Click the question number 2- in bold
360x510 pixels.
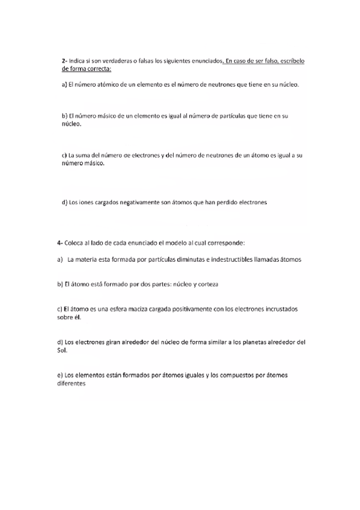[64, 61]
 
